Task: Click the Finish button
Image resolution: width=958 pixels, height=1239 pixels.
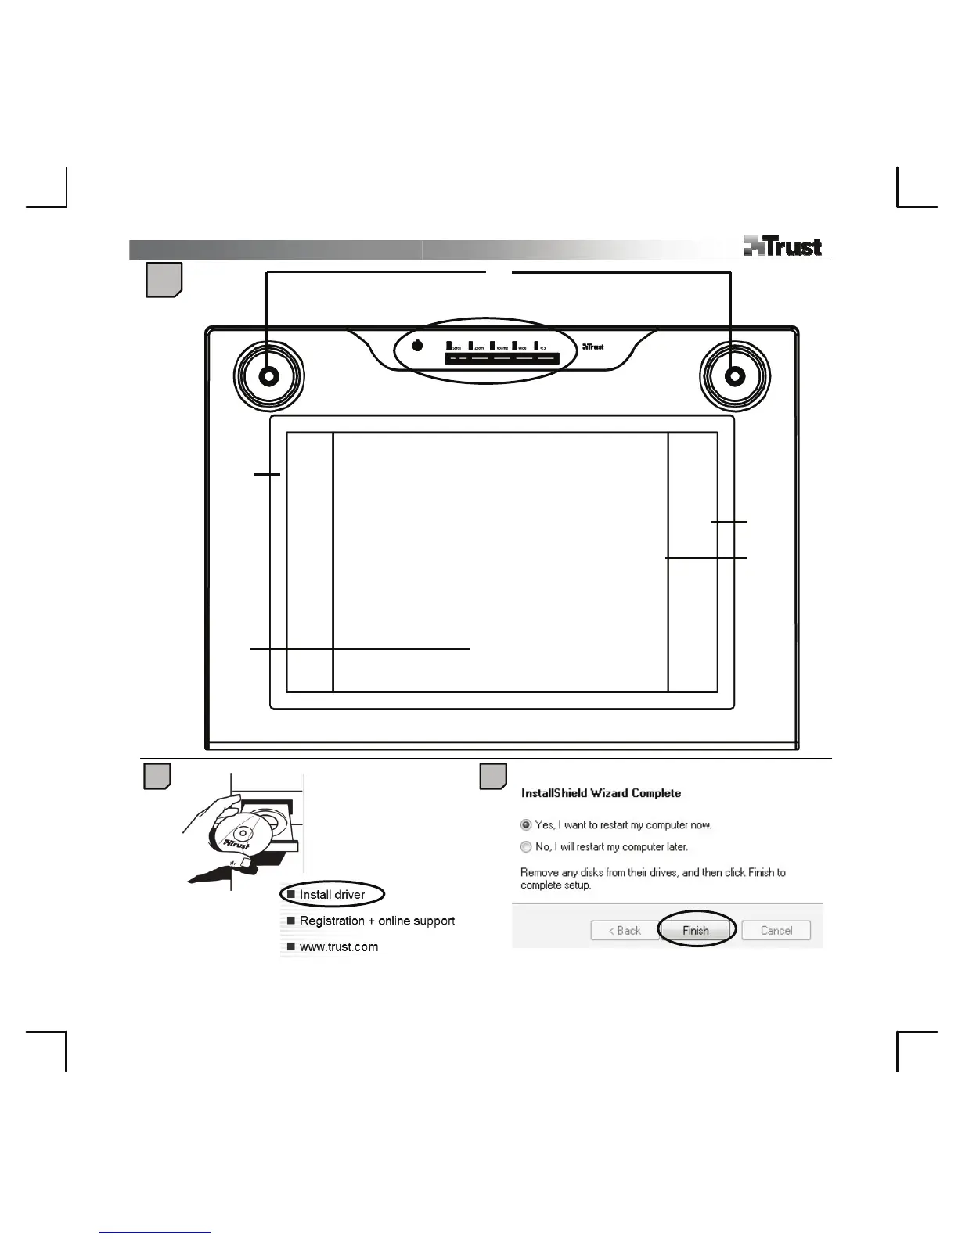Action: (695, 930)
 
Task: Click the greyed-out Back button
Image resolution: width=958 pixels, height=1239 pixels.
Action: (625, 930)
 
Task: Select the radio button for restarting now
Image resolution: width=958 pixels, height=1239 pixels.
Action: (526, 824)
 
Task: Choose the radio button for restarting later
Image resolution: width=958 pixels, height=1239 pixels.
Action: (526, 846)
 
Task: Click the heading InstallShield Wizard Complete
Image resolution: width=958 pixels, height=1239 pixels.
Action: (601, 793)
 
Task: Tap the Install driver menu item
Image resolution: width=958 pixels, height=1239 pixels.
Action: (332, 894)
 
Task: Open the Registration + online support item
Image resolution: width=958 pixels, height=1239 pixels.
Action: (376, 921)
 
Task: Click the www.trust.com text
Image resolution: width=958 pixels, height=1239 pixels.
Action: (338, 946)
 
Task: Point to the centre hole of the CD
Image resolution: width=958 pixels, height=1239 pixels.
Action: (243, 835)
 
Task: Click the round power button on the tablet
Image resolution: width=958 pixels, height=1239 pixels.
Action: (417, 346)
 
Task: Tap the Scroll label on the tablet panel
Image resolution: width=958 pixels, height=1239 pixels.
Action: (456, 347)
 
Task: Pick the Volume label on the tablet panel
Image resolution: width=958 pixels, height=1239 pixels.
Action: (502, 347)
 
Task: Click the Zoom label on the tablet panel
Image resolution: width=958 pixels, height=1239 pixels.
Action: (478, 347)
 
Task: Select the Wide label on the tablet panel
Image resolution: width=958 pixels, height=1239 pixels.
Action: (522, 347)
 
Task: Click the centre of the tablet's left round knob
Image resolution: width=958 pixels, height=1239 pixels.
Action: (268, 376)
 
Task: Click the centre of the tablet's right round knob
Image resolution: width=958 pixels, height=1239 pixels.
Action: (735, 376)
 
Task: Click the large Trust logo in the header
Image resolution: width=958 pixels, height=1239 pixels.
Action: (783, 246)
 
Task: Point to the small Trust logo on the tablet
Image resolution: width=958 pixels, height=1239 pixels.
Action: (593, 347)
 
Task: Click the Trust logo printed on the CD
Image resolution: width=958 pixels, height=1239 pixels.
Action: (236, 846)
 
